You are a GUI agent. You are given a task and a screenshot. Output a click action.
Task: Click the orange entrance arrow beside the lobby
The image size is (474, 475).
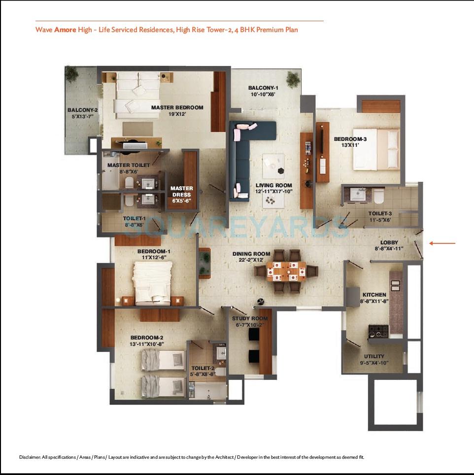(442, 243)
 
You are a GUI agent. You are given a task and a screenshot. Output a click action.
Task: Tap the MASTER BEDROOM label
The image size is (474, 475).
(177, 107)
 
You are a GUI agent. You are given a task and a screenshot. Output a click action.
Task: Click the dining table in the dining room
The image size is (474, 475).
(286, 271)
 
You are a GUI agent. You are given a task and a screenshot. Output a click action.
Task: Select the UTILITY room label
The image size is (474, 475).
(374, 356)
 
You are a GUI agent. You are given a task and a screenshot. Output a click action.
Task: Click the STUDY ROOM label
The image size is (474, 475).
(250, 319)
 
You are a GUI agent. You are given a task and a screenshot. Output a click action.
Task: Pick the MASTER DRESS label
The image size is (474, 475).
(181, 191)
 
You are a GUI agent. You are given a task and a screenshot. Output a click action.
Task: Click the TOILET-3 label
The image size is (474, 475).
(380, 213)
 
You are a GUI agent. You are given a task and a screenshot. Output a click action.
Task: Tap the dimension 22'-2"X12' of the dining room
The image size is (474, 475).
(252, 260)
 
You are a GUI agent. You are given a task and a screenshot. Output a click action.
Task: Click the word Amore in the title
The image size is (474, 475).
(65, 30)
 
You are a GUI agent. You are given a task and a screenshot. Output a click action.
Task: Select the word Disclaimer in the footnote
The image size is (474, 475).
(30, 457)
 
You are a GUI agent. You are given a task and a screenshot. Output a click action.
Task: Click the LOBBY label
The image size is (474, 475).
(389, 242)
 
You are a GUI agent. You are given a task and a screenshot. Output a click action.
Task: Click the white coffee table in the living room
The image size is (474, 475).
(272, 166)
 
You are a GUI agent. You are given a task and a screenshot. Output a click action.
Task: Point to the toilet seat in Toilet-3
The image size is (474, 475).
(378, 198)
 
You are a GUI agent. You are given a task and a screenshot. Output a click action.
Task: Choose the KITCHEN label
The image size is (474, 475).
(374, 295)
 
